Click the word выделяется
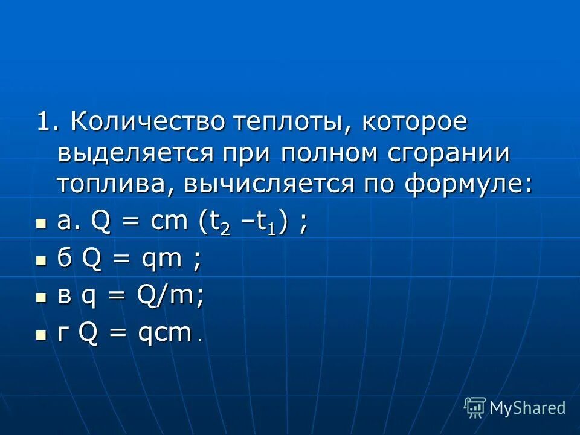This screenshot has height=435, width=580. [x=135, y=153]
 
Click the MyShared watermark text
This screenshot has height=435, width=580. [x=527, y=408]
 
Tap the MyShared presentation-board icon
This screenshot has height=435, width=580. [x=475, y=408]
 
